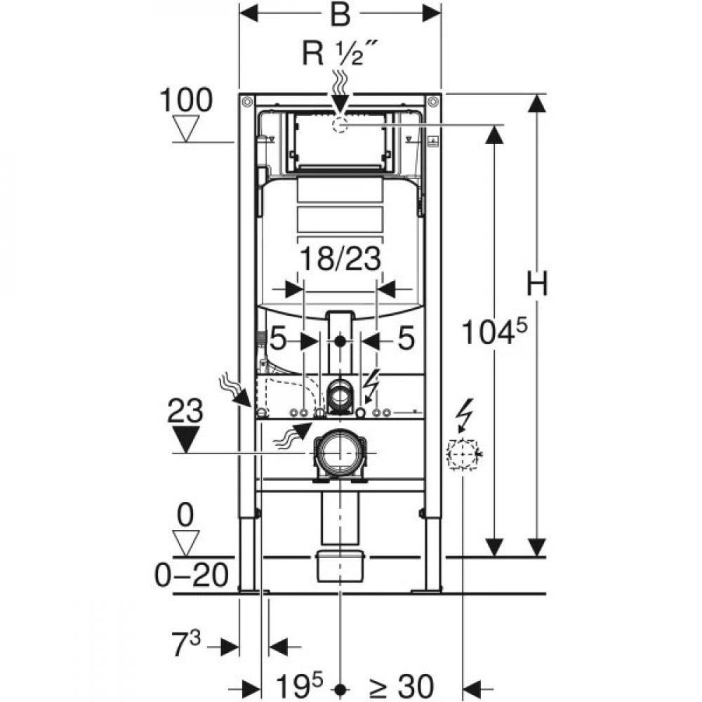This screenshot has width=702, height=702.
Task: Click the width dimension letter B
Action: pyautogui.click(x=340, y=14)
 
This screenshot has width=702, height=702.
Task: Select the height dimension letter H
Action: pyautogui.click(x=537, y=284)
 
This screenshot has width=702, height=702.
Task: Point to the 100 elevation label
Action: pyautogui.click(x=186, y=100)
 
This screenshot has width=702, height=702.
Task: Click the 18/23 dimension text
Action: pyautogui.click(x=340, y=258)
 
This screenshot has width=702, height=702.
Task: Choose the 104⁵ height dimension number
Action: pyautogui.click(x=494, y=331)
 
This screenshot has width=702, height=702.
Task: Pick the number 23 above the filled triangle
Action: pyautogui.click(x=185, y=411)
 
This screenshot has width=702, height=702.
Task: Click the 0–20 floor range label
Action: pyautogui.click(x=192, y=576)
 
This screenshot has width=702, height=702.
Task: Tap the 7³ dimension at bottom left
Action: pyautogui.click(x=186, y=643)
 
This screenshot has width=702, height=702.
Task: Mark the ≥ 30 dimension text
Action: pyautogui.click(x=401, y=686)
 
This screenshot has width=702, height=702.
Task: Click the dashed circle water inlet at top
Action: pyautogui.click(x=340, y=126)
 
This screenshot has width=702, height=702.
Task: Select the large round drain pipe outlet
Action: pyautogui.click(x=341, y=453)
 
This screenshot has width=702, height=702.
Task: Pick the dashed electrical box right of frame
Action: pyautogui.click(x=463, y=454)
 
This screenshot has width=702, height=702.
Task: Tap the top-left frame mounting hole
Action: pyautogui.click(x=246, y=102)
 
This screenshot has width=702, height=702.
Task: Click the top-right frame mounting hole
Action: pyautogui.click(x=433, y=102)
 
